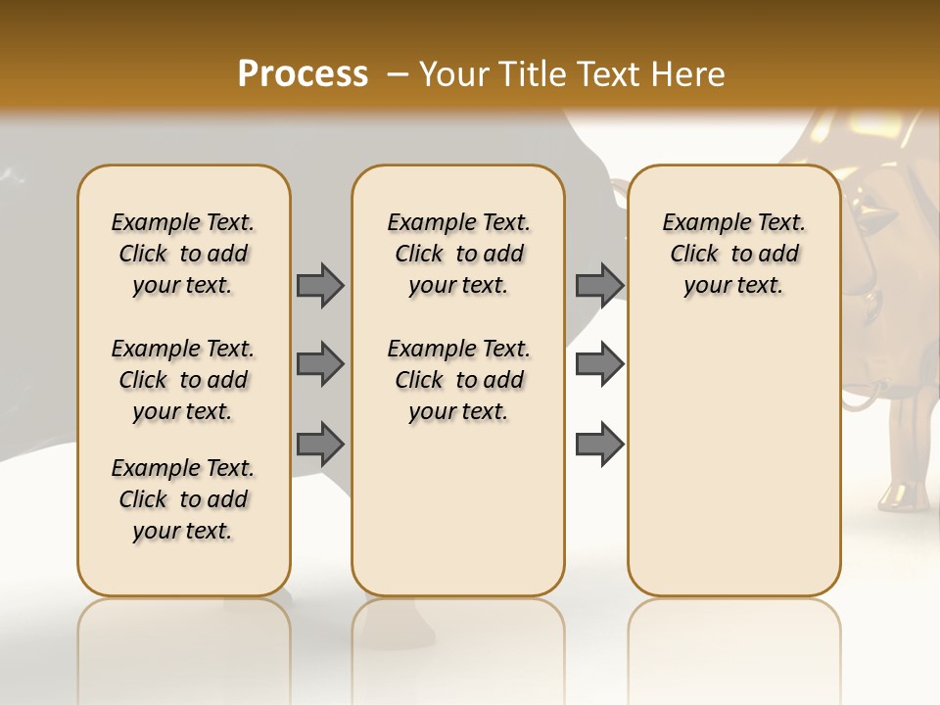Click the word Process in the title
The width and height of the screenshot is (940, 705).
(x=303, y=74)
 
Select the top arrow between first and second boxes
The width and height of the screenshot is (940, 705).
(x=320, y=285)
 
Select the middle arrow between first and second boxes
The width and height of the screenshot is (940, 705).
(x=320, y=364)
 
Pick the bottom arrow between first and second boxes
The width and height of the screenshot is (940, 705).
(x=320, y=444)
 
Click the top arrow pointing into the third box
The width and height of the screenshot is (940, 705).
(x=599, y=285)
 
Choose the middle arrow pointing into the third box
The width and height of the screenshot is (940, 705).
(x=599, y=364)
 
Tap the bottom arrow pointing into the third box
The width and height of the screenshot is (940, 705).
(x=599, y=444)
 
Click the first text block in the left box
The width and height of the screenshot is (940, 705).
(x=183, y=254)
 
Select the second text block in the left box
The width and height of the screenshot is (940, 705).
(x=183, y=380)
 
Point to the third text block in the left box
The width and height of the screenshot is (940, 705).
(x=183, y=499)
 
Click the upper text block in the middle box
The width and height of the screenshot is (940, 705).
(x=458, y=254)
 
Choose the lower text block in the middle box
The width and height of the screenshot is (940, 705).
(x=458, y=380)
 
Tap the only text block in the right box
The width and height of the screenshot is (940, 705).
(x=733, y=254)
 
